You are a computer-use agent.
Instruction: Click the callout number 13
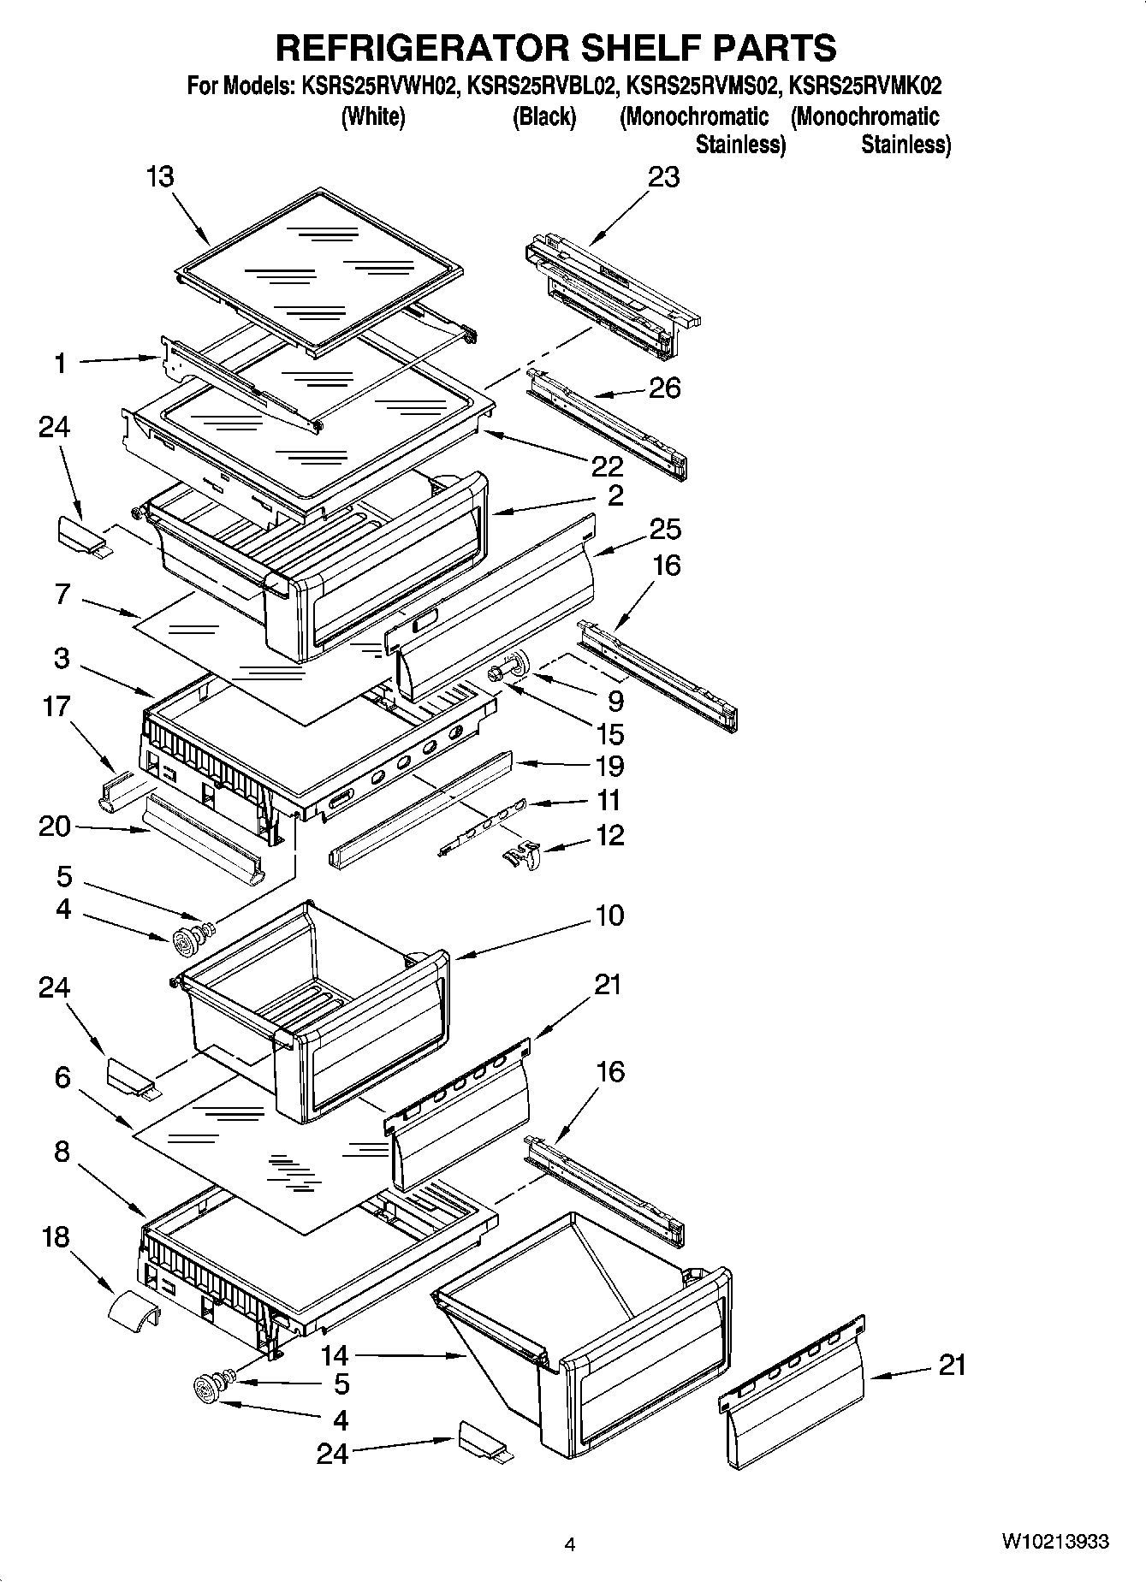[x=160, y=177]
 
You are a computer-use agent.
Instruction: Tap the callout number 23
[x=663, y=177]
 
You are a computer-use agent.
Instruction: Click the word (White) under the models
[x=372, y=116]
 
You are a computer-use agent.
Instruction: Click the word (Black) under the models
[x=543, y=116]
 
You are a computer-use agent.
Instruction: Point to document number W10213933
[x=1054, y=1542]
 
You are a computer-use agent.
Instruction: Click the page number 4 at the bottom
[x=569, y=1544]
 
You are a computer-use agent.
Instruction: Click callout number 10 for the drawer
[x=609, y=915]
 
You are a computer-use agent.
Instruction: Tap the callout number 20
[x=55, y=826]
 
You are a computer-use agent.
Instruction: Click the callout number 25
[x=665, y=530]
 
